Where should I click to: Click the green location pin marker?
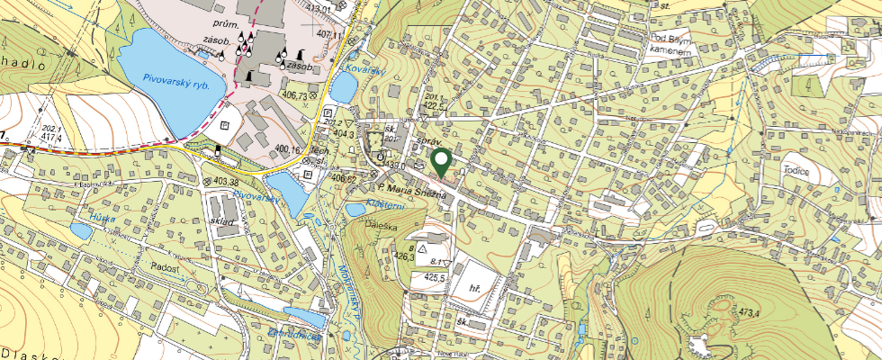(441, 163)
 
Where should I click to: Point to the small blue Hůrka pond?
(81, 231)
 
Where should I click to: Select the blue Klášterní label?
(387, 205)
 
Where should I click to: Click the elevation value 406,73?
(295, 94)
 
